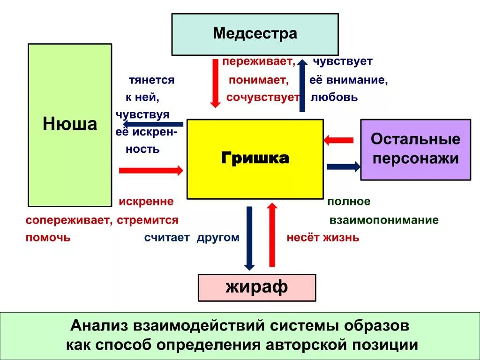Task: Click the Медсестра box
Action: (255, 34)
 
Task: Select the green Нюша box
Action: (70, 125)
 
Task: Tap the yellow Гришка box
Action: (255, 159)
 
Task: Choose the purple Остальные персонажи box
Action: (415, 150)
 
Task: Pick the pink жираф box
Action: (257, 287)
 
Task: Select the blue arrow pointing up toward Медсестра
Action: (302, 86)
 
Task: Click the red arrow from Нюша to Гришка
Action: (151, 170)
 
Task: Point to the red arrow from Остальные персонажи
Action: (338, 140)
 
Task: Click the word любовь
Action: (334, 97)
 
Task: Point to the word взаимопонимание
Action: (384, 220)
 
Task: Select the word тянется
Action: (151, 80)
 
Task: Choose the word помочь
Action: (48, 237)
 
